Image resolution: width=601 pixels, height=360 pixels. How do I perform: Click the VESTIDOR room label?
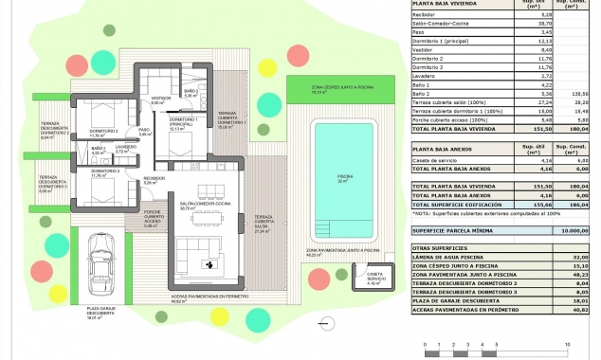pos(161,99)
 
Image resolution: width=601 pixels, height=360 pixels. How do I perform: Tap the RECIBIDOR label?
pos(154,180)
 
